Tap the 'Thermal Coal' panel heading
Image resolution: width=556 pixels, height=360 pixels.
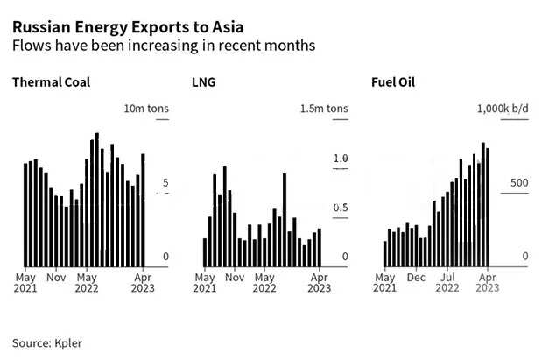coord(51,83)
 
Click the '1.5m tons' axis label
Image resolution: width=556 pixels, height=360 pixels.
coord(323,109)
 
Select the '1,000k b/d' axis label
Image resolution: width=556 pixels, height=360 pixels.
coord(503,109)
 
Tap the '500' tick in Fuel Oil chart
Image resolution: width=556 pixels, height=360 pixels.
coord(519,182)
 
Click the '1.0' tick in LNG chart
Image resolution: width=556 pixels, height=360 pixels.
coord(340,159)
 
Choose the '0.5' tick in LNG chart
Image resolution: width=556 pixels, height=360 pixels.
coord(340,208)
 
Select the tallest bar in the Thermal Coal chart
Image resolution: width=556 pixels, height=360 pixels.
coord(96,200)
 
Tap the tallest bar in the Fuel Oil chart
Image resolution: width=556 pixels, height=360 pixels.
coord(482,204)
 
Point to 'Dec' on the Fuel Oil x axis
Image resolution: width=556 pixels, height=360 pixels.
coord(417,275)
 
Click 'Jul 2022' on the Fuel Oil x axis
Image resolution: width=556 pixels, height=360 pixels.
coord(447,281)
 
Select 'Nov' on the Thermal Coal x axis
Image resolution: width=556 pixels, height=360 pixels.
coord(55,275)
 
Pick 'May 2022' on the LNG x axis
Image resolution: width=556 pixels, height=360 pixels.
coord(264,281)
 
